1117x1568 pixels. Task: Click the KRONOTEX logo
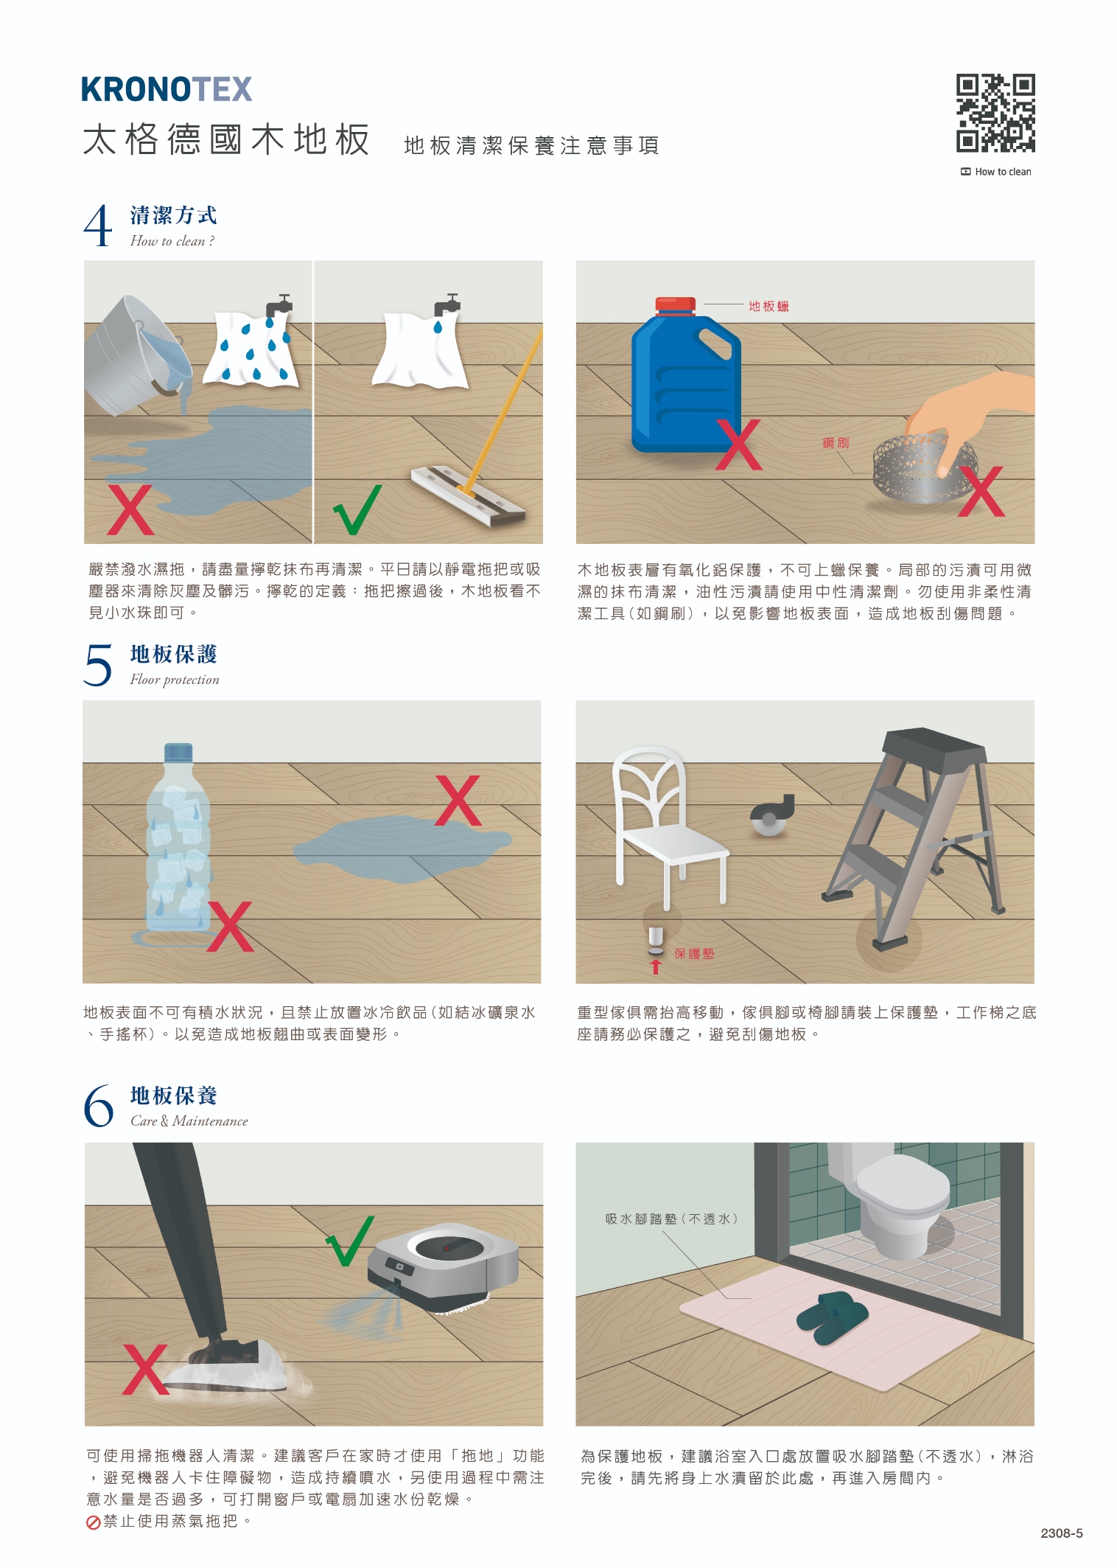(x=167, y=89)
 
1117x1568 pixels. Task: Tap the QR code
(x=995, y=113)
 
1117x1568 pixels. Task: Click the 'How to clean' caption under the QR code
(x=996, y=172)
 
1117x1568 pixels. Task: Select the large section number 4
(x=98, y=226)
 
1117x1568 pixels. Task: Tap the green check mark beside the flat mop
(x=357, y=509)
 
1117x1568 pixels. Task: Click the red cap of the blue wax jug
(x=675, y=306)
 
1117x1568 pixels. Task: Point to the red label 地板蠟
(x=768, y=306)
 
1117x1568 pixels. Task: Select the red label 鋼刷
(x=836, y=442)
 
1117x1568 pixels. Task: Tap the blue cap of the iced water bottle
(x=178, y=752)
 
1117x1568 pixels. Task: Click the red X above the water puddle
(x=458, y=800)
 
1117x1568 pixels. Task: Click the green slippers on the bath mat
(x=833, y=1317)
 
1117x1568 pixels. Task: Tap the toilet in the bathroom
(x=898, y=1198)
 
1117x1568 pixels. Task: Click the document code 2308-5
(x=1062, y=1533)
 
